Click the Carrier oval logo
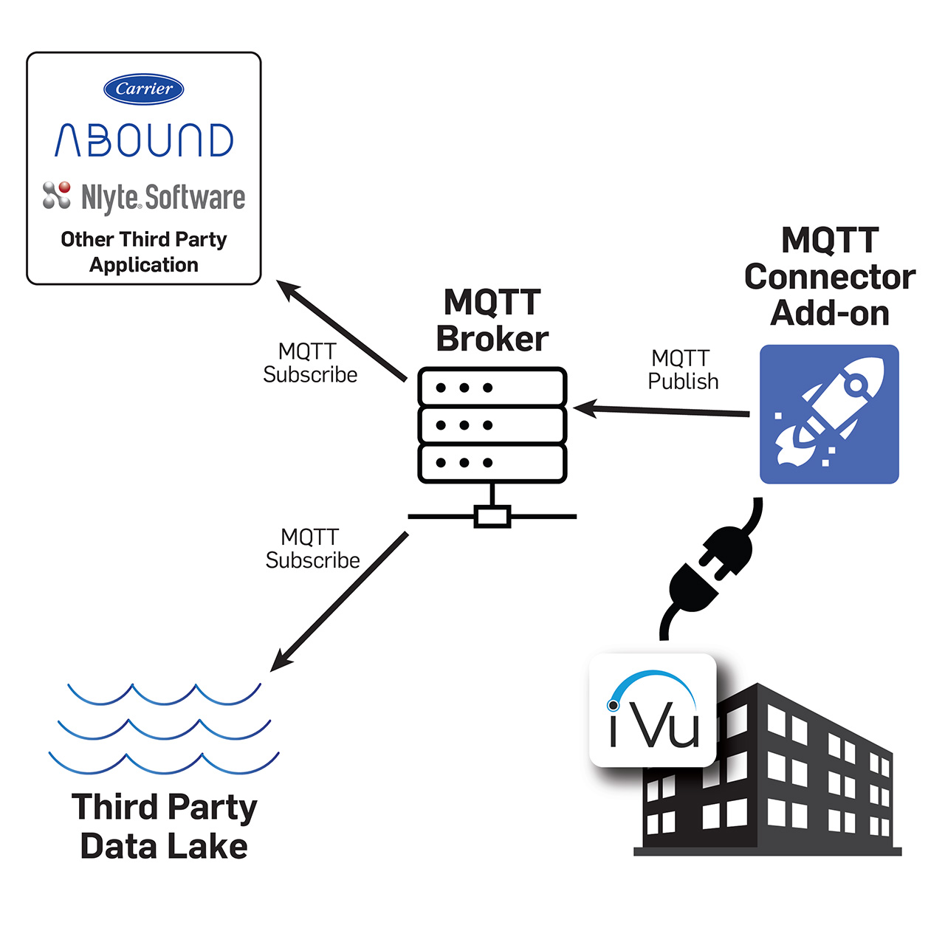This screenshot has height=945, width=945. click(144, 89)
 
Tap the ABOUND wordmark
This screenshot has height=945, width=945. click(144, 140)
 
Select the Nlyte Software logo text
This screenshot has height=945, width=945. click(163, 198)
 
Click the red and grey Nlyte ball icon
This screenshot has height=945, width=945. click(57, 195)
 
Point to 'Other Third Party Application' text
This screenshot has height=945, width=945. click(144, 252)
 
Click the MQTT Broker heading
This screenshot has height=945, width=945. click(492, 320)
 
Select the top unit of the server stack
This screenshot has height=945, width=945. click(492, 388)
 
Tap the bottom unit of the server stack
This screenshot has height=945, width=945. click(492, 463)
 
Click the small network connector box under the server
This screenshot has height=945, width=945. click(492, 516)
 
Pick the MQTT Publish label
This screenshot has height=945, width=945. click(683, 370)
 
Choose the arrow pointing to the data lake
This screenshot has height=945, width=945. click(340, 602)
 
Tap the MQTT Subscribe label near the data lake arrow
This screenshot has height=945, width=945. click(312, 549)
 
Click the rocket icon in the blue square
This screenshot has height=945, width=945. click(828, 414)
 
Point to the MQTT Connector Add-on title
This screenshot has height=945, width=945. click(829, 277)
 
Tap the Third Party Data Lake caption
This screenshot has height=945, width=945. click(164, 826)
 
